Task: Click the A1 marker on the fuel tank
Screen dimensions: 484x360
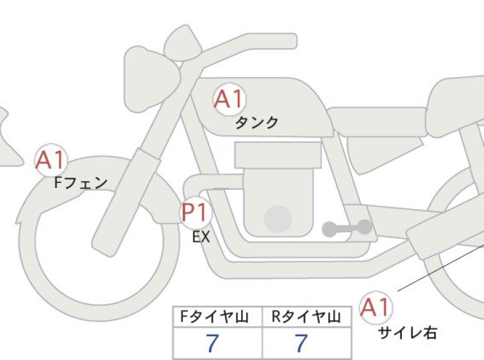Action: click(x=229, y=99)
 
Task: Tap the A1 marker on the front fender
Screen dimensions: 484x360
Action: click(x=51, y=160)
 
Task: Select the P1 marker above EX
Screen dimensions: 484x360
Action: click(x=196, y=212)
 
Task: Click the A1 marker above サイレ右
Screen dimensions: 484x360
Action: click(x=376, y=307)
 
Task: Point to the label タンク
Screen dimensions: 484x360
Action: click(x=256, y=123)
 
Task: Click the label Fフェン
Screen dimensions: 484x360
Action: click(x=81, y=183)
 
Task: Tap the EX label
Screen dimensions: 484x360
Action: click(x=201, y=237)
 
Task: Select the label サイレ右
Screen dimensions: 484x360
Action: click(x=408, y=333)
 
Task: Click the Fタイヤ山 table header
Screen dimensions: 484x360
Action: click(x=215, y=317)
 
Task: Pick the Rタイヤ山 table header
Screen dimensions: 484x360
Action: click(x=306, y=317)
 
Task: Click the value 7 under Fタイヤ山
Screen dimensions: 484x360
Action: click(x=212, y=343)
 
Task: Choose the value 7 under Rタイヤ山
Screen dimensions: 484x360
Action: click(x=301, y=343)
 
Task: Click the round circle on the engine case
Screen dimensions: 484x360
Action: click(x=278, y=219)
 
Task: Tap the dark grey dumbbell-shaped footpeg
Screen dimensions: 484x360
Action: click(x=347, y=228)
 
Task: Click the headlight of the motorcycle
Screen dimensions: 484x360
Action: click(x=151, y=80)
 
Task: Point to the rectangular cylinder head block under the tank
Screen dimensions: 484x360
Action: click(x=278, y=155)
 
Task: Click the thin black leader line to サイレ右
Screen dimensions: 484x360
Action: click(x=441, y=267)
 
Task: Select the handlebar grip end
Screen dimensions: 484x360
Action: click(x=292, y=41)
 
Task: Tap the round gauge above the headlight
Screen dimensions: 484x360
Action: click(x=183, y=42)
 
